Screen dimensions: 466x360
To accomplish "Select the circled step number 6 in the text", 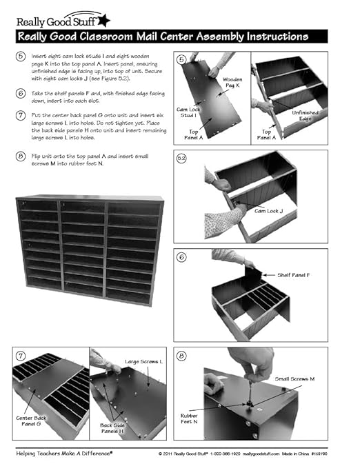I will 23,93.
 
